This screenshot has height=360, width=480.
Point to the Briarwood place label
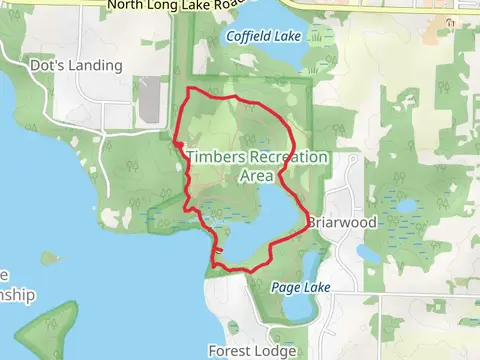(x=342, y=222)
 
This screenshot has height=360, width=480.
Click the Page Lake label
(x=300, y=286)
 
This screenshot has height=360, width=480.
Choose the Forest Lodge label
(x=251, y=351)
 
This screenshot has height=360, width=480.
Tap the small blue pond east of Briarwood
(x=406, y=208)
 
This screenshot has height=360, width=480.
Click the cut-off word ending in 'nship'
(x=16, y=295)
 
